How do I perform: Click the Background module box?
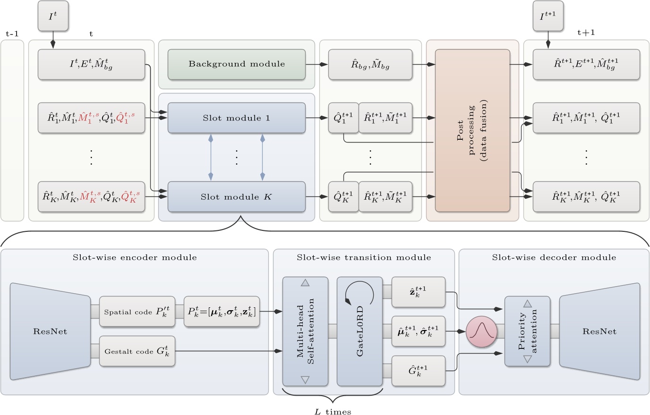237,64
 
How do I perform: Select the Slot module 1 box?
237,118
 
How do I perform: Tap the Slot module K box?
237,196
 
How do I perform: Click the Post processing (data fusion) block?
472,130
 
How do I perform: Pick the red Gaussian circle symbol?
482,331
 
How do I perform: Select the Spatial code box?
137,312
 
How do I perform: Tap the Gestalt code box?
137,351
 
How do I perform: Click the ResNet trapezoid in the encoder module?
50,331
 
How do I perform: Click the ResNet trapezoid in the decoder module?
599,331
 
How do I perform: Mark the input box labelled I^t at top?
53,17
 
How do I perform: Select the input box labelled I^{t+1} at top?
548,17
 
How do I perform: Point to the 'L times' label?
333,412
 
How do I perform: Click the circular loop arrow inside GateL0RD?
359,294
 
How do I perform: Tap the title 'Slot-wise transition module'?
364,258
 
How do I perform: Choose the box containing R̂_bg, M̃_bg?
370,64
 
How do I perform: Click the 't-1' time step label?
12,34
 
